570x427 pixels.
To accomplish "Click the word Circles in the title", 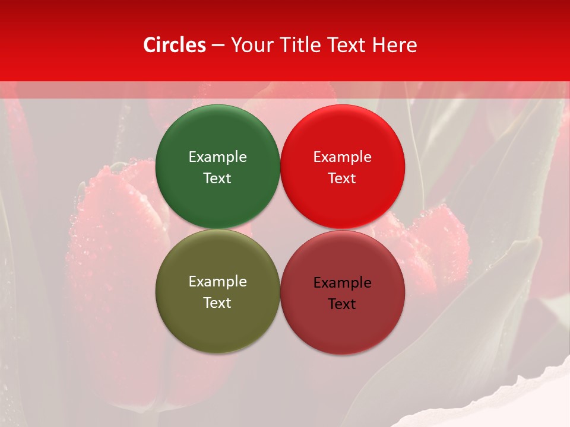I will pyautogui.click(x=174, y=45).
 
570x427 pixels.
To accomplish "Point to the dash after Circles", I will pyautogui.click(x=218, y=46).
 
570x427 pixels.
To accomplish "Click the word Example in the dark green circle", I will pyautogui.click(x=217, y=157).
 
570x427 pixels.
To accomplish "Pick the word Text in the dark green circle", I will pyautogui.click(x=217, y=178).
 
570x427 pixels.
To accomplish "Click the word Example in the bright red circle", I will pyautogui.click(x=343, y=157).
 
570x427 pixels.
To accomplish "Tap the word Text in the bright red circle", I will pyautogui.click(x=343, y=178).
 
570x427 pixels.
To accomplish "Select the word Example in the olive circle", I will pyautogui.click(x=217, y=281).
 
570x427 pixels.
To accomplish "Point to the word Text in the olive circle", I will pyautogui.click(x=217, y=302).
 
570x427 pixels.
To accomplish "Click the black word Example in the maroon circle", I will pyautogui.click(x=343, y=282).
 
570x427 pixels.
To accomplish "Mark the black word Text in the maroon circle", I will pyautogui.click(x=343, y=304).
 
